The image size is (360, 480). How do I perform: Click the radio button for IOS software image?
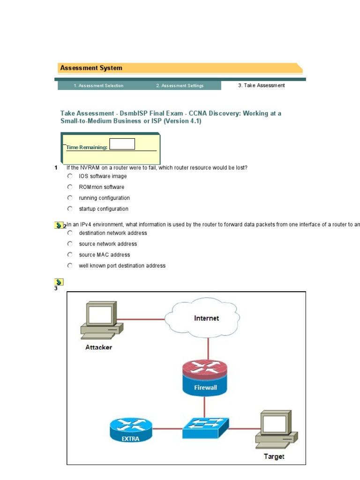click(x=70, y=176)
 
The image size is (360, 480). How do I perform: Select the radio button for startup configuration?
click(x=70, y=209)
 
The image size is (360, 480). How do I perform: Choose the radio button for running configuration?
click(x=70, y=198)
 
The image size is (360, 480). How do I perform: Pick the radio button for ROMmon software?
click(x=70, y=187)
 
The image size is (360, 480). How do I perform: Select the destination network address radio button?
click(x=70, y=233)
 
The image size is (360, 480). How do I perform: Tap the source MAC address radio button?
click(x=70, y=255)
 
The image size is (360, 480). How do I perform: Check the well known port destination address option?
click(x=70, y=265)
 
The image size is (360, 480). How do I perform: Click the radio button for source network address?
click(x=70, y=244)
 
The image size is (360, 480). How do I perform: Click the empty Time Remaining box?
click(x=122, y=144)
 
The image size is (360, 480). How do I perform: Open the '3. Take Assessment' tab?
click(x=261, y=86)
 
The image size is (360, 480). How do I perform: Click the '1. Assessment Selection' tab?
click(x=98, y=86)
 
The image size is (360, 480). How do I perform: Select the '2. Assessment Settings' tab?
click(x=180, y=86)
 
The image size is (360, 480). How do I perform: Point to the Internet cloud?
click(x=206, y=319)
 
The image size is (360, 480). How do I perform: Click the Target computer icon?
click(x=275, y=429)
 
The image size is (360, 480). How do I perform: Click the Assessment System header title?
click(x=91, y=68)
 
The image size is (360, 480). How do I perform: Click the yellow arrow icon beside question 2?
click(x=59, y=225)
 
